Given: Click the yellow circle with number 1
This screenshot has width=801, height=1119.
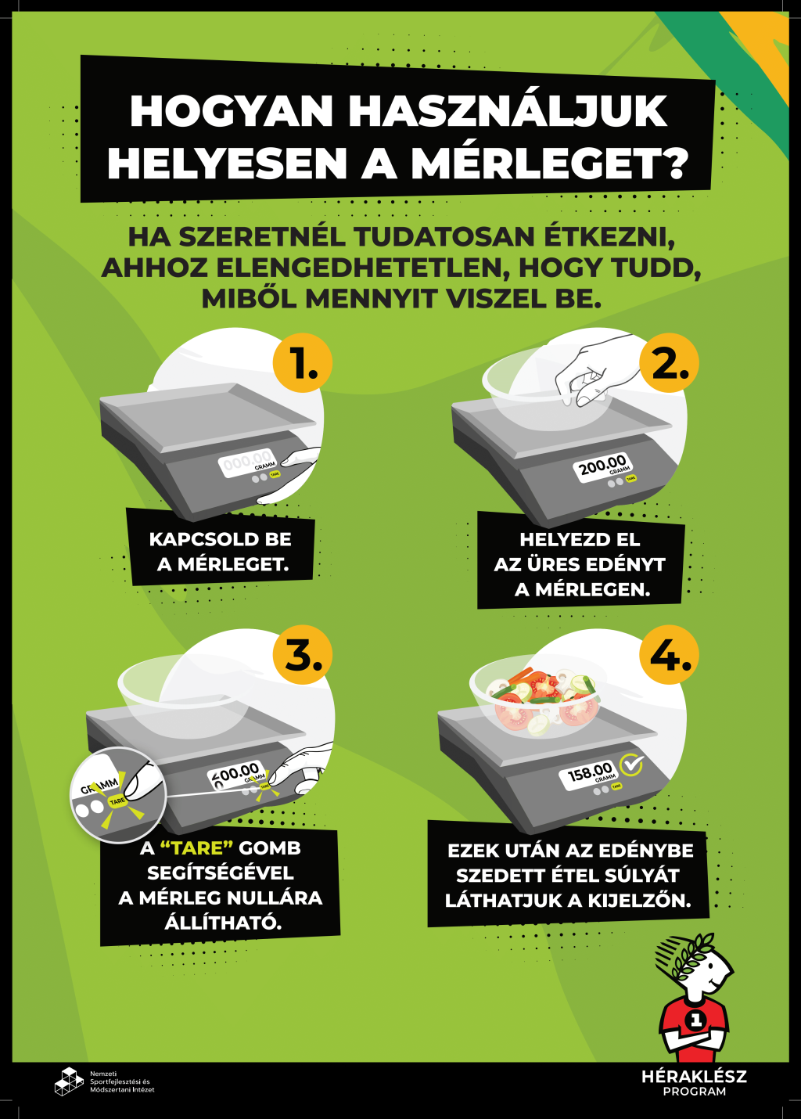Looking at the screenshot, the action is (x=303, y=362).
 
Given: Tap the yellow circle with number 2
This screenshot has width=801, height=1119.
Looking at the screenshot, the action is (x=669, y=362).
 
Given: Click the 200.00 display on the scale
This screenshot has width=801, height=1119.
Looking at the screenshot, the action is (x=602, y=467).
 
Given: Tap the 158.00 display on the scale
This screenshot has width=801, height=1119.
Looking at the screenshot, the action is (x=589, y=775).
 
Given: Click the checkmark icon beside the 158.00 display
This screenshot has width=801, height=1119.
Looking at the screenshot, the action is (x=632, y=765).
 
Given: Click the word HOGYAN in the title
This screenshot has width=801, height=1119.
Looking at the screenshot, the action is (x=232, y=111).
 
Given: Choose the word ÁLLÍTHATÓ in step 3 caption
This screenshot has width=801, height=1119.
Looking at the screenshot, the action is (x=223, y=922).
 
